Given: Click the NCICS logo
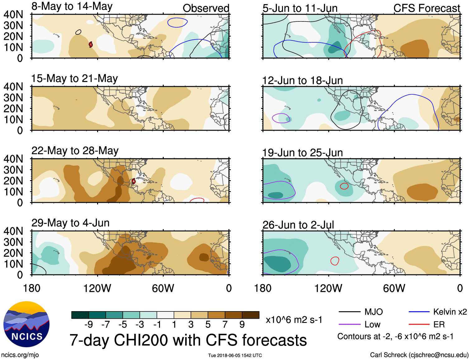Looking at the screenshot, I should pos(26,324).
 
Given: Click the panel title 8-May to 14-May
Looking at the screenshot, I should pos(72,7).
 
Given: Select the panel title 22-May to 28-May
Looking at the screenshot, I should pos(75,151).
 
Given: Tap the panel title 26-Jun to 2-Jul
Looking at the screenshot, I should pos(298,225).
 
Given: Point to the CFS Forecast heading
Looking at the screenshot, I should pos(426,8).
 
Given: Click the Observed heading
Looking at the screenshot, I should pos(206,8).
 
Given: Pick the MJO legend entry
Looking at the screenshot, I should pos(374,312).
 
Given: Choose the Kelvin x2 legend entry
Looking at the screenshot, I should pos(450,312).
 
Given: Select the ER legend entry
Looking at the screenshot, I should pos(439,325).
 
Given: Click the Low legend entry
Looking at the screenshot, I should pos(373,325).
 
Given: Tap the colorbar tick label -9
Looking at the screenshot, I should pos(88,325).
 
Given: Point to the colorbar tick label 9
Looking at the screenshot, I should pos(242,325).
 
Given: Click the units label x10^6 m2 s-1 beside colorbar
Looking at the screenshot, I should pos(294,320).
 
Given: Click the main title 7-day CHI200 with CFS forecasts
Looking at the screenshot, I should pos(188,340).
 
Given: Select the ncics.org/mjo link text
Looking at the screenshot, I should pos(20,355).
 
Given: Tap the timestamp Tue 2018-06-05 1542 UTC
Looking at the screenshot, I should pos(235,355).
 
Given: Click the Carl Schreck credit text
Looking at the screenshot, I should pos(419,355).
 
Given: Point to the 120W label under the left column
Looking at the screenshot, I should pos(97,288).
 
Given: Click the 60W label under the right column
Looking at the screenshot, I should pos(394,288).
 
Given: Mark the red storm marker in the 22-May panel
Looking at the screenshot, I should pos(134,181).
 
